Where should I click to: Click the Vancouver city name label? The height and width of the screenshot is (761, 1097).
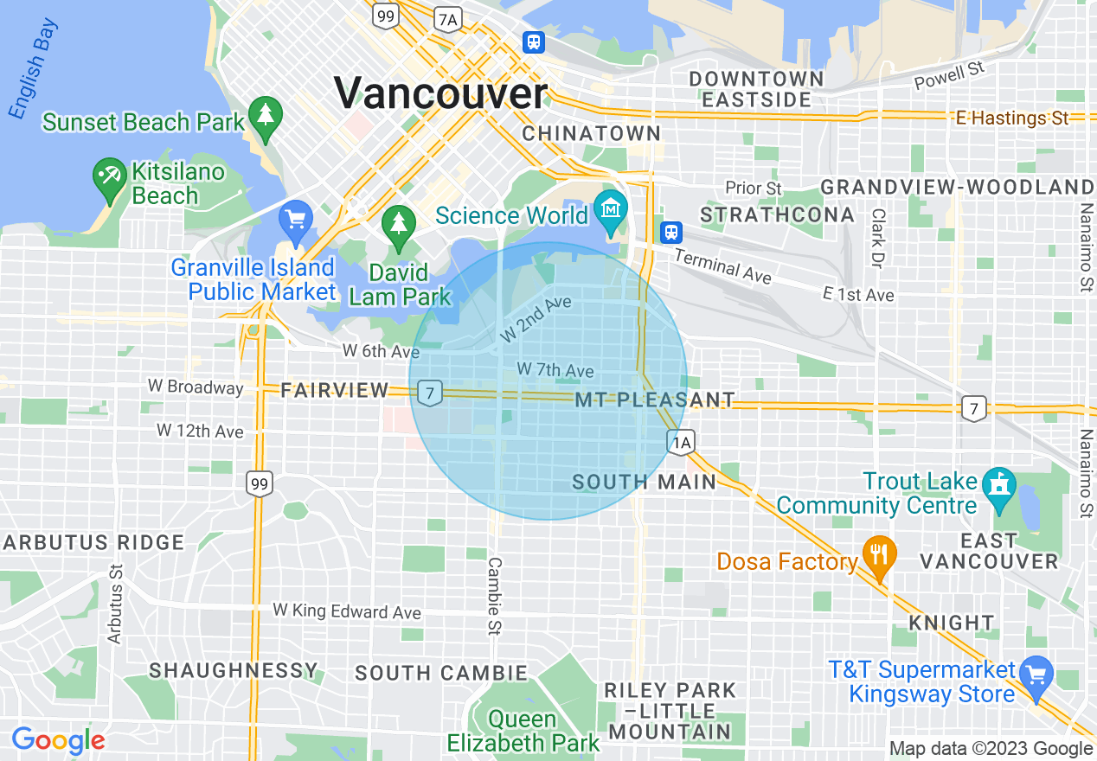pyautogui.click(x=440, y=93)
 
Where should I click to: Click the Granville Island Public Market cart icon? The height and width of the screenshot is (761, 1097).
pyautogui.click(x=296, y=221)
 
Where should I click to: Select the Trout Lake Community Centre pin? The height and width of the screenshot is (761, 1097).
pyautogui.click(x=1000, y=483)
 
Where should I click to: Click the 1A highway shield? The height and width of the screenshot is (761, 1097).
pyautogui.click(x=682, y=444)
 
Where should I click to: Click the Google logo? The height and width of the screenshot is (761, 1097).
pyautogui.click(x=58, y=740)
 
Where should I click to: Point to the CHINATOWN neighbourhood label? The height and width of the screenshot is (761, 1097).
pyautogui.click(x=592, y=134)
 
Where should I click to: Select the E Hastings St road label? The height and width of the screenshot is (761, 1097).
pyautogui.click(x=1012, y=118)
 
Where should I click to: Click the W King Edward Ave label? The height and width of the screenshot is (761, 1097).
pyautogui.click(x=347, y=611)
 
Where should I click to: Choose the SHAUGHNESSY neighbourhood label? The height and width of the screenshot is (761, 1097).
pyautogui.click(x=234, y=671)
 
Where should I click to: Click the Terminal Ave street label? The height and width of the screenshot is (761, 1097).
pyautogui.click(x=722, y=265)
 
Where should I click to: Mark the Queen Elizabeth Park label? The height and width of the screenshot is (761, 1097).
pyautogui.click(x=523, y=731)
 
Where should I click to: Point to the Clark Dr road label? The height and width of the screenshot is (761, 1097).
pyautogui.click(x=879, y=237)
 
